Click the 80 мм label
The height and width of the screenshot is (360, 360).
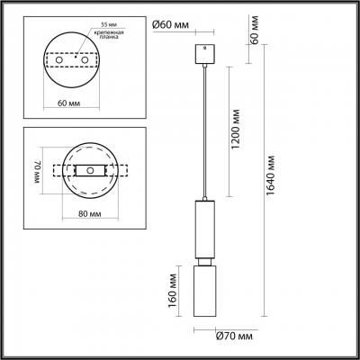tap(89, 213)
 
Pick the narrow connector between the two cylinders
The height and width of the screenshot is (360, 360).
tap(205, 261)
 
